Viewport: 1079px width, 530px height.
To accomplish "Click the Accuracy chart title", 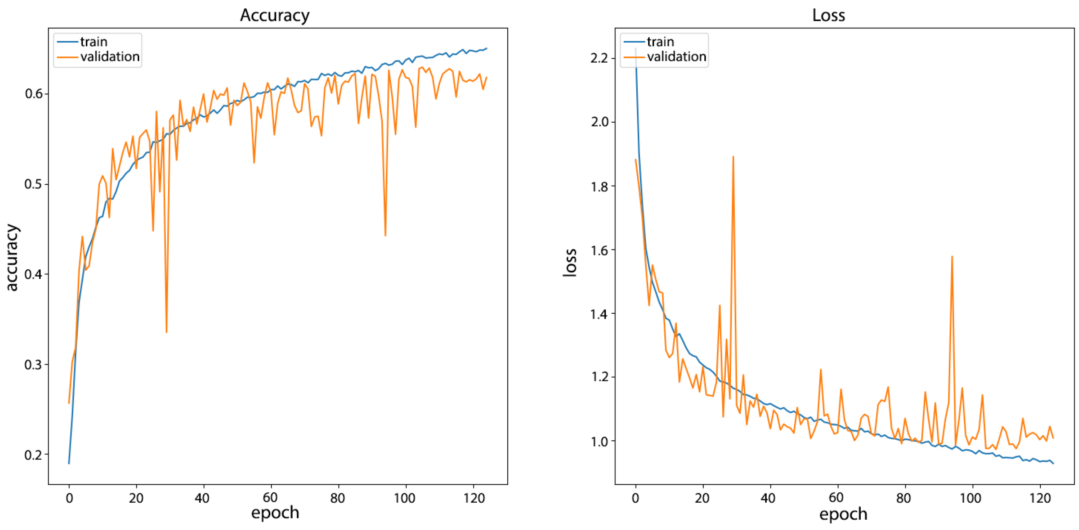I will [x=275, y=15].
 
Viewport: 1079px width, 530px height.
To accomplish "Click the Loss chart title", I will [x=828, y=15].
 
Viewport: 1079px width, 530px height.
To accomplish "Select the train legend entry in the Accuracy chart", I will [x=93, y=42].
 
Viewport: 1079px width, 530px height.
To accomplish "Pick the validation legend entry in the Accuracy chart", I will [x=110, y=56].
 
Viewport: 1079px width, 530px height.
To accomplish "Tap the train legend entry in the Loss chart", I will [x=660, y=42].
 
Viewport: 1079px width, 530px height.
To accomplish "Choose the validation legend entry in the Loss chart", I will [x=676, y=56].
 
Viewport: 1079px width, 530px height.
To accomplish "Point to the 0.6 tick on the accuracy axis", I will [x=34, y=93].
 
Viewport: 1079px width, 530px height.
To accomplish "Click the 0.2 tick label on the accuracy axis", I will [x=34, y=455].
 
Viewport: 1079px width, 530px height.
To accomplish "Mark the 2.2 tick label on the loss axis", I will [x=599, y=58].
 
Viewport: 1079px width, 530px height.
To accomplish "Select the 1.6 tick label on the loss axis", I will [x=599, y=250].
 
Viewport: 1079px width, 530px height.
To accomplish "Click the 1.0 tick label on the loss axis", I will [x=599, y=441].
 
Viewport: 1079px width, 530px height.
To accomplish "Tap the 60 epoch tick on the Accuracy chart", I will [x=270, y=498].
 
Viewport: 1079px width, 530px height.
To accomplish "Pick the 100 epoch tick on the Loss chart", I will [x=970, y=498].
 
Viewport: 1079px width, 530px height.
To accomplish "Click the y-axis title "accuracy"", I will [x=13, y=257].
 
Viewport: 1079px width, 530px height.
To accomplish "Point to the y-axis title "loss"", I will [x=570, y=262].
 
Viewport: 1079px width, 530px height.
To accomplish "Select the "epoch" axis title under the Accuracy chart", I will [x=275, y=513].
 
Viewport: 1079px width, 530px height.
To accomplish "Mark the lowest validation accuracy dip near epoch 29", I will [x=166, y=332].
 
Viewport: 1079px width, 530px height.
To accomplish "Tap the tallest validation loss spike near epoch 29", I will [x=733, y=157].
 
